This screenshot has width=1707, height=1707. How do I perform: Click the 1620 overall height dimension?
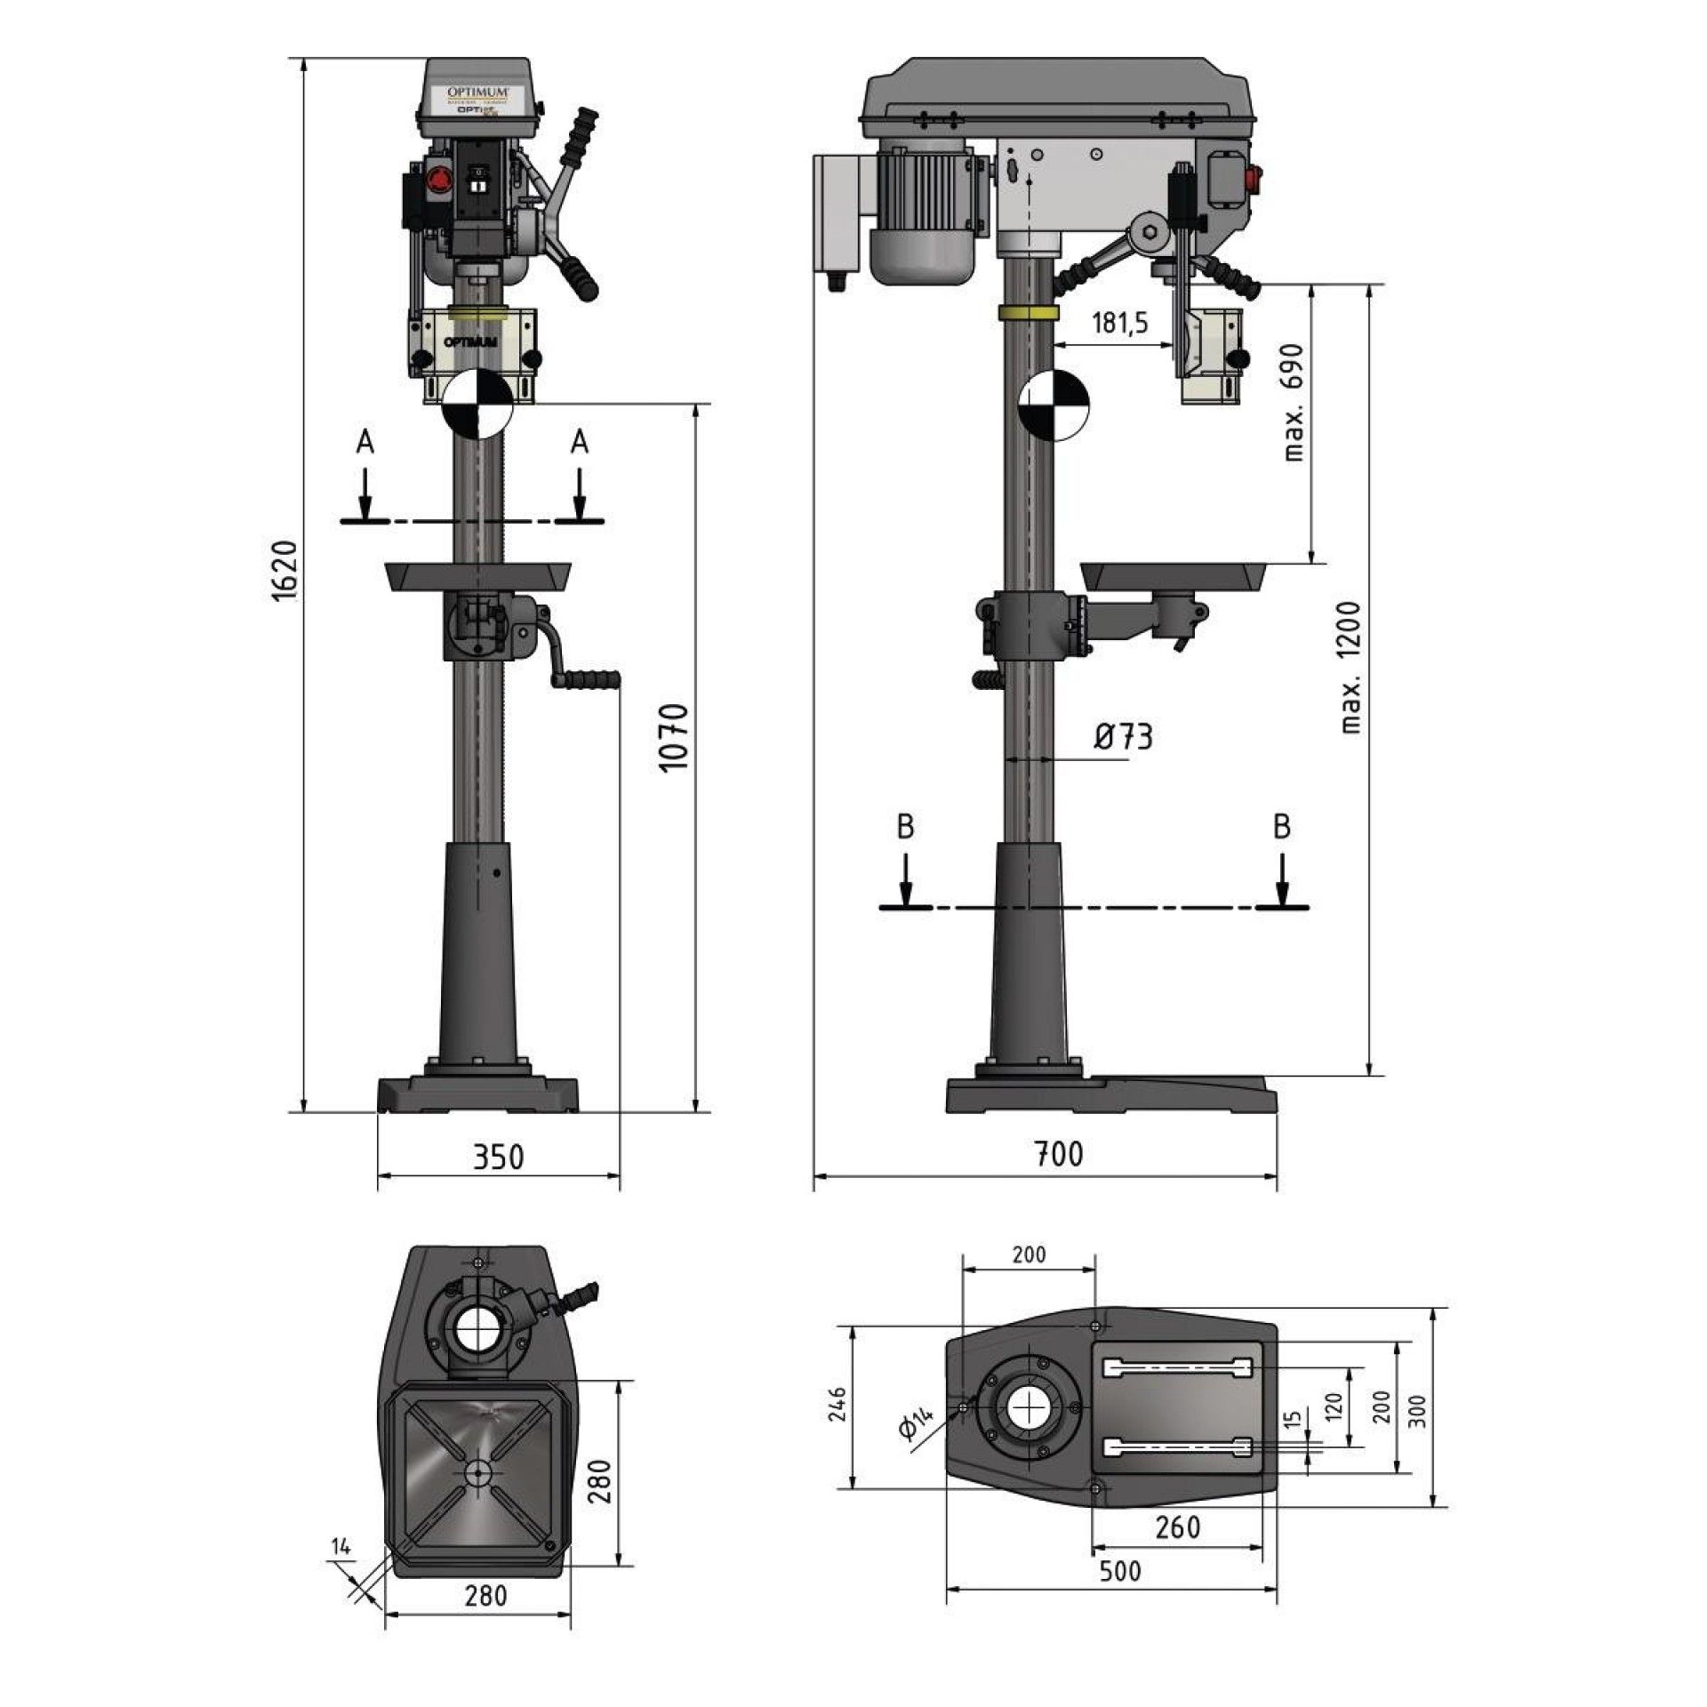tap(283, 570)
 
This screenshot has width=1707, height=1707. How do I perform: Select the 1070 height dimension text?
tap(676, 737)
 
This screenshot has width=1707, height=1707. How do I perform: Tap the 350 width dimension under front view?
tap(498, 1157)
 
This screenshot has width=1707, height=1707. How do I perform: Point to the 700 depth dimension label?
tap(1058, 1153)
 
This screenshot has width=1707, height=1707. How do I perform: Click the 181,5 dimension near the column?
tap(1119, 322)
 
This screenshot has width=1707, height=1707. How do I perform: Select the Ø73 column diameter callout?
tap(1122, 736)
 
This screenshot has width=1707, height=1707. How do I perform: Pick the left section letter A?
tap(365, 442)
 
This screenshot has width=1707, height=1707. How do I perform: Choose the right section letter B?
tap(1281, 827)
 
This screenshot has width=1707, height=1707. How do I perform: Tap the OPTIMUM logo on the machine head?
tap(477, 92)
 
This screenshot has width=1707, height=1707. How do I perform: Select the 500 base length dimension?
tap(1119, 1570)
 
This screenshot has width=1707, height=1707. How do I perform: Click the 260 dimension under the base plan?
tap(1177, 1527)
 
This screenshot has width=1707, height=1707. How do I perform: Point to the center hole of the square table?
tap(478, 1473)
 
